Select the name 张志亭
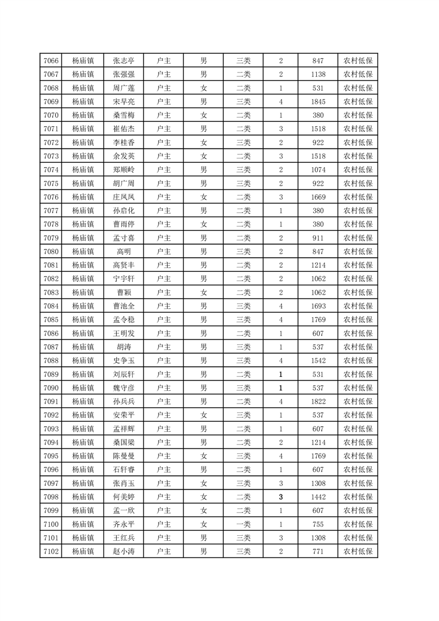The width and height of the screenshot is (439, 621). tap(124, 61)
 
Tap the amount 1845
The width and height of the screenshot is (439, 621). tap(318, 102)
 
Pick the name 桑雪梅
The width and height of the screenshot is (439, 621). tap(124, 115)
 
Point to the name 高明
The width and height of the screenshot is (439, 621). tap(124, 252)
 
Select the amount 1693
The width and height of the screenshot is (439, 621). tap(318, 306)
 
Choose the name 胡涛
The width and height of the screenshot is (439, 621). tap(124, 347)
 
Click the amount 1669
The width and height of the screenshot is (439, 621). tap(318, 197)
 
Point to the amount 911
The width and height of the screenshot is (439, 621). tap(318, 238)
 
